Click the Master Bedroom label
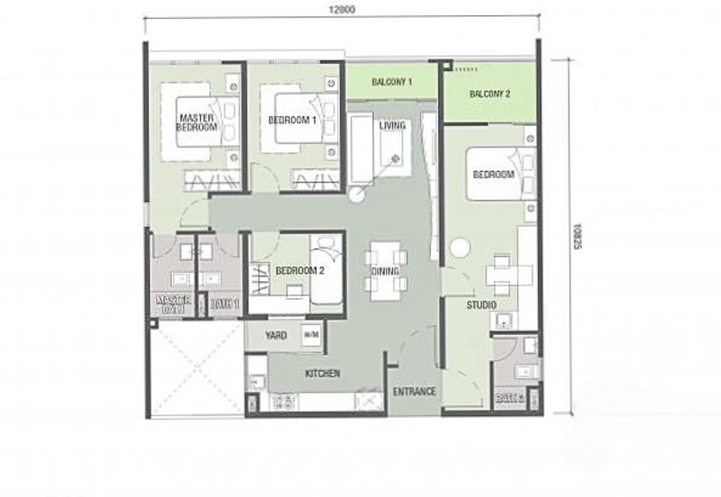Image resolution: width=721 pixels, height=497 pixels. coord(197,123)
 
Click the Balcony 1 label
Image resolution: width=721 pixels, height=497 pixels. coord(392,83)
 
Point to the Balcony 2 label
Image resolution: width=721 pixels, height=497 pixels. coord(490,94)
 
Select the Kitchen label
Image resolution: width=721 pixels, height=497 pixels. coord(322,373)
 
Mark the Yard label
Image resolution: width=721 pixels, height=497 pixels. coord(276,336)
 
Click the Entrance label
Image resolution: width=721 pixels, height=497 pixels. coord(415,392)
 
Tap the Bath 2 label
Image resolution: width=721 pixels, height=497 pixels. coord(510,395)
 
